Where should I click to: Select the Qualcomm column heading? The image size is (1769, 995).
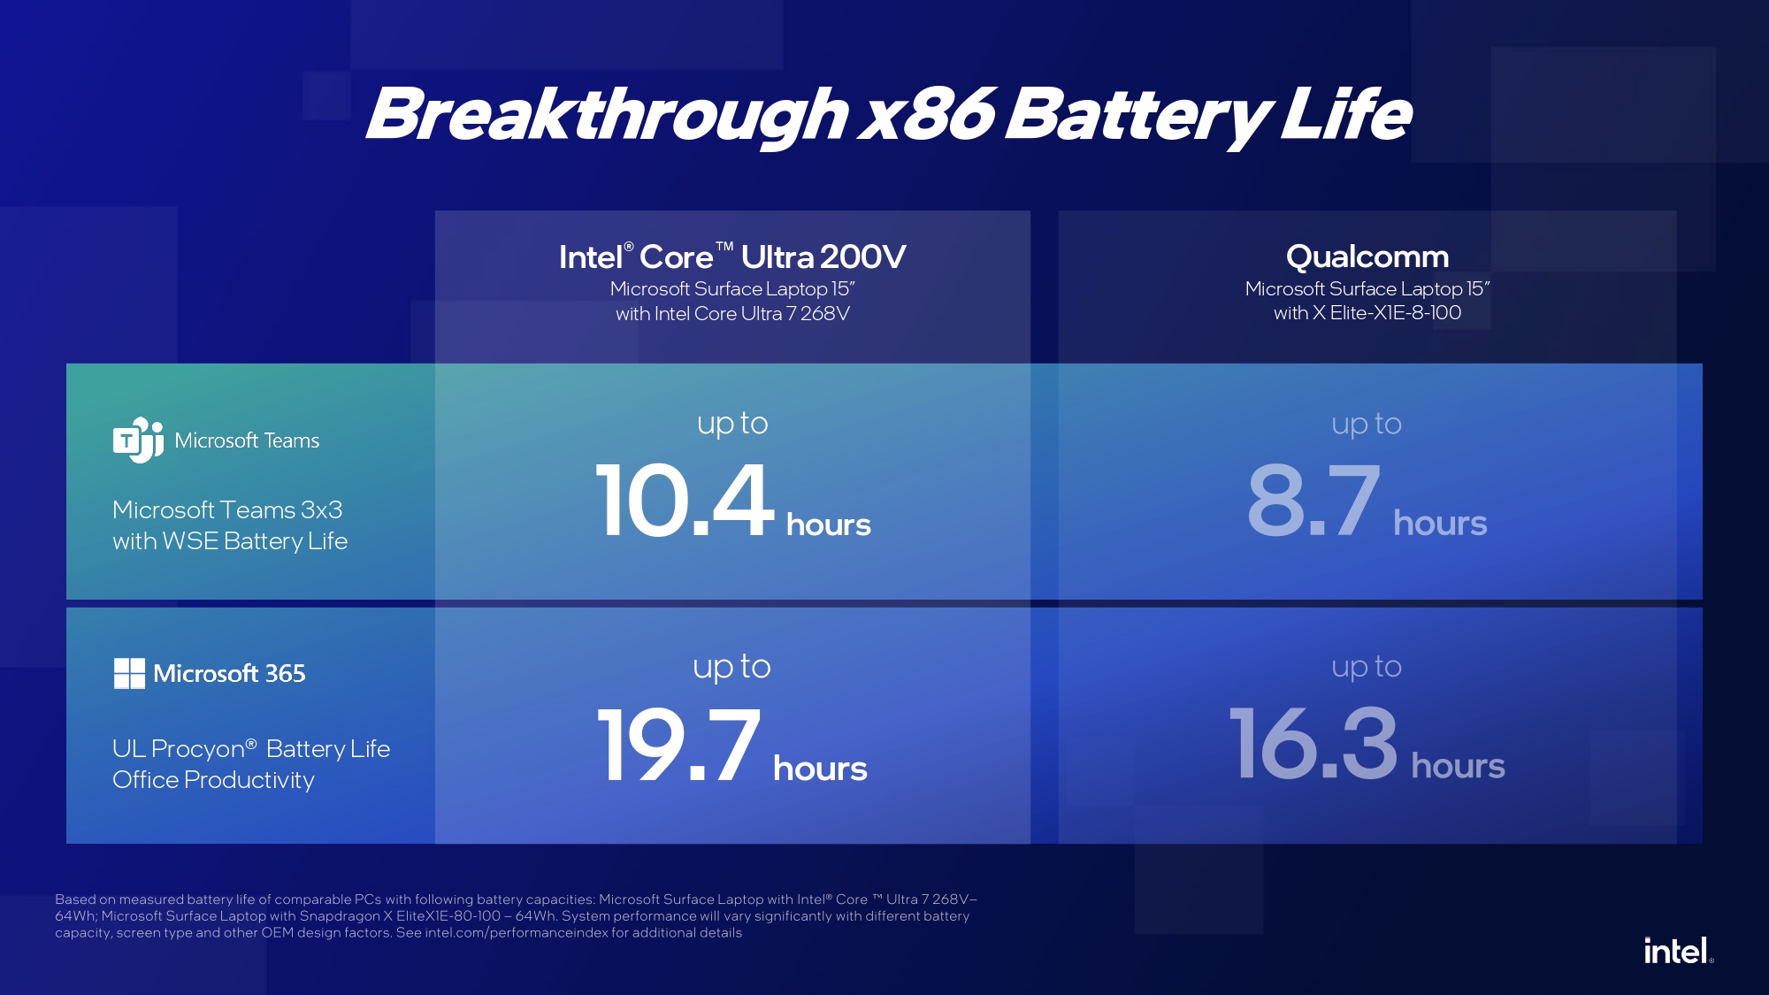point(1367,256)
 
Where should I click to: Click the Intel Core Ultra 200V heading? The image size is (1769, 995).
point(732,256)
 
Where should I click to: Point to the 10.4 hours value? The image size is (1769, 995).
point(733,501)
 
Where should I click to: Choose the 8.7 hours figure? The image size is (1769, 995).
point(1367,501)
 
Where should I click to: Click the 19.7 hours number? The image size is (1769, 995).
point(732,746)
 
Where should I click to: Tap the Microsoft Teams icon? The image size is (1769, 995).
point(138,440)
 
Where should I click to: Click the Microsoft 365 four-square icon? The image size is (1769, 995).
point(129,673)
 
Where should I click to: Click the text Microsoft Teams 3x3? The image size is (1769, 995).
point(227,509)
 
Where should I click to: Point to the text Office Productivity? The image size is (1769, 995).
point(213,780)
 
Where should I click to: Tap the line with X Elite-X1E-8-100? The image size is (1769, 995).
point(1367,312)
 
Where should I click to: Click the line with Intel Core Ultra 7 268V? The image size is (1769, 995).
point(732,313)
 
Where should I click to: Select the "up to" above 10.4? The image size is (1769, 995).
point(732,424)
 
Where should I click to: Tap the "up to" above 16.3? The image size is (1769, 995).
point(1367,667)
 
